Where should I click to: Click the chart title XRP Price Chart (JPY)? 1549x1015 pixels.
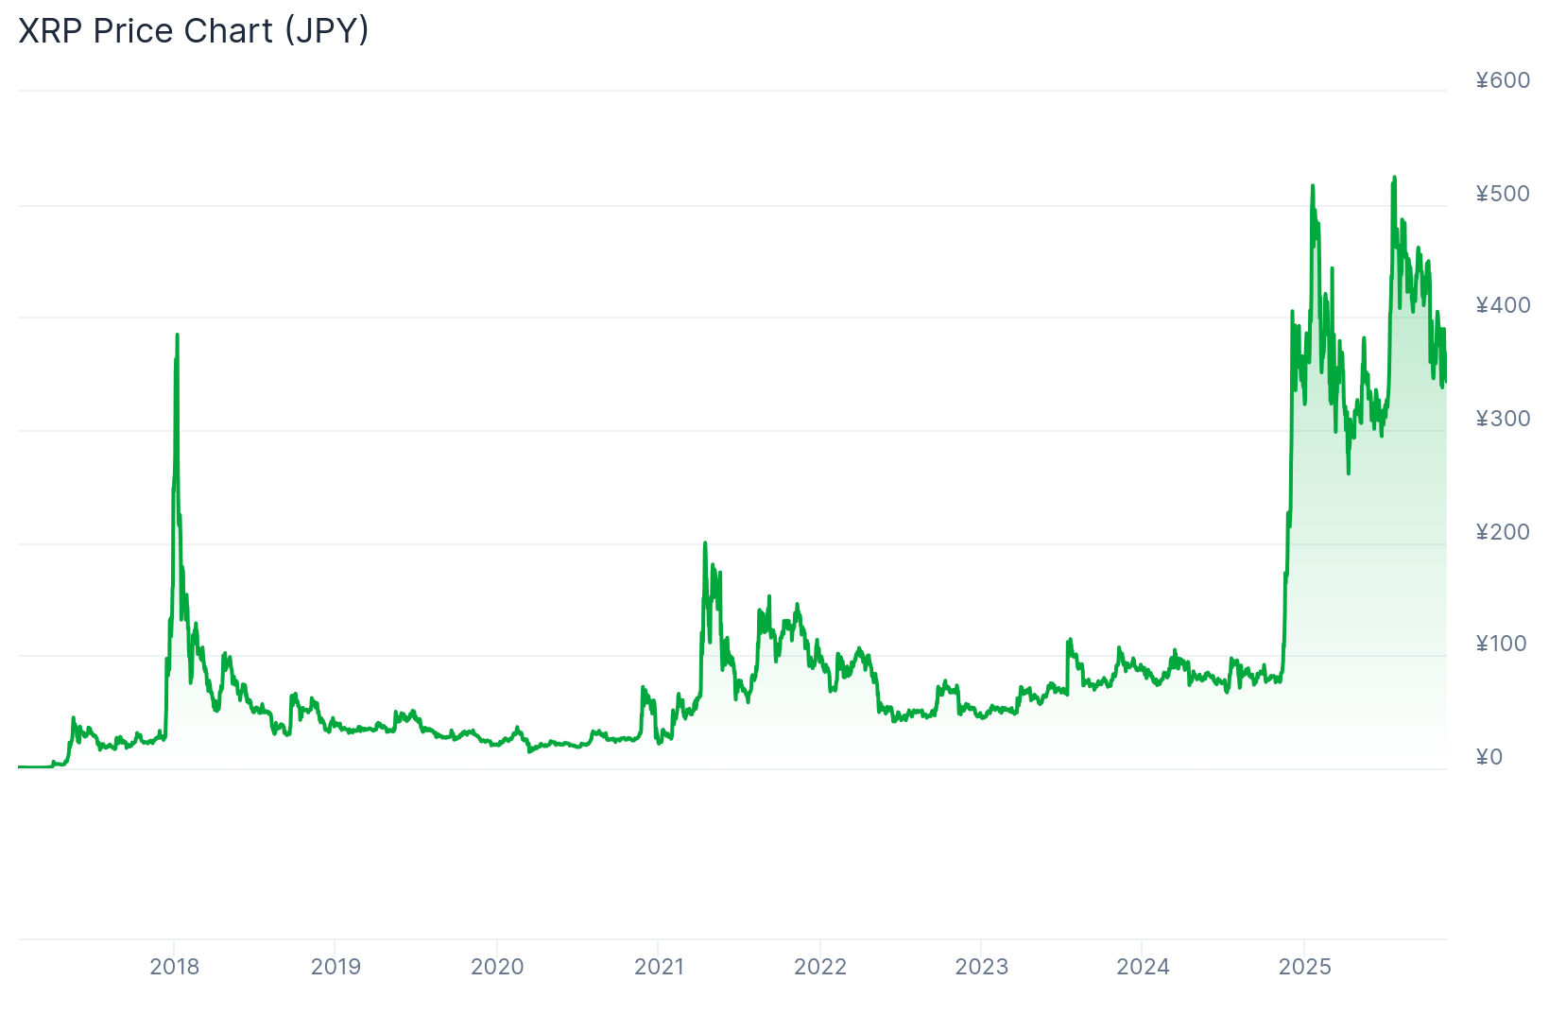click(194, 31)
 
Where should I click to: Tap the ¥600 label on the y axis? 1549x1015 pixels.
click(1503, 81)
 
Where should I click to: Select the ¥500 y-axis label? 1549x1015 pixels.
click(1503, 194)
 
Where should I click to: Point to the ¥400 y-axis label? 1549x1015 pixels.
click(1503, 305)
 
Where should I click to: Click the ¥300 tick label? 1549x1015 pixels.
click(1503, 419)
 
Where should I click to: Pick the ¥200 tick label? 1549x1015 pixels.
click(1503, 532)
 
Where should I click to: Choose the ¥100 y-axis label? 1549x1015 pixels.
click(1503, 644)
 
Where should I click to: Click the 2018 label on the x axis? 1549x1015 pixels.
click(175, 967)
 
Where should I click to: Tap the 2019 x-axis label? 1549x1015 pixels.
click(336, 967)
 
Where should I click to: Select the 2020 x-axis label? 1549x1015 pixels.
click(497, 967)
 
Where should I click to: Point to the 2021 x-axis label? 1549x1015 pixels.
click(659, 967)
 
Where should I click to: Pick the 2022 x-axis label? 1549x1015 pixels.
click(820, 967)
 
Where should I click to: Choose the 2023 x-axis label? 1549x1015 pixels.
click(981, 967)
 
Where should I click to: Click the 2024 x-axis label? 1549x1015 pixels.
click(1143, 967)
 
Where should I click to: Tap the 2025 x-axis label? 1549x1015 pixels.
click(1304, 967)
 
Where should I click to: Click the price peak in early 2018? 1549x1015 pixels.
click(177, 335)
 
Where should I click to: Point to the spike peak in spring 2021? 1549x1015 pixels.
click(705, 543)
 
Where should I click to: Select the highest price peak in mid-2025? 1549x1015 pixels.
click(1394, 178)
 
